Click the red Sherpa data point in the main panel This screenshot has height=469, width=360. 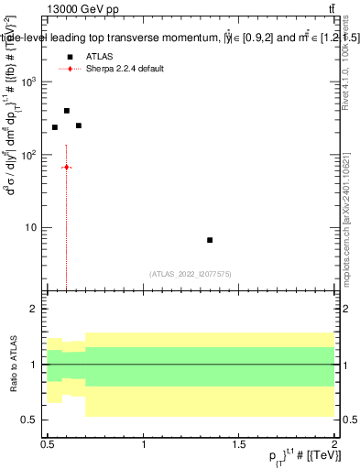(67, 168)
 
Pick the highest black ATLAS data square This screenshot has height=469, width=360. (67, 111)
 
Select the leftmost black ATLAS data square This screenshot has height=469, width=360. (55, 127)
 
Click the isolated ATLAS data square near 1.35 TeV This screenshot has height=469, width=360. (210, 240)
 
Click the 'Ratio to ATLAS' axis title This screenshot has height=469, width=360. (12, 365)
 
